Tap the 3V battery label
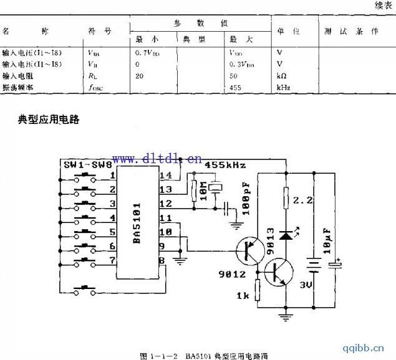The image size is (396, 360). pyautogui.click(x=307, y=285)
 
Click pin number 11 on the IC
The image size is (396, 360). pyautogui.click(x=166, y=218)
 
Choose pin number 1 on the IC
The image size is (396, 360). pyautogui.click(x=113, y=176)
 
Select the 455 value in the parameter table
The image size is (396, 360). pyautogui.click(x=236, y=87)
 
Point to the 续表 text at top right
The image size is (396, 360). pyautogui.click(x=383, y=6)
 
